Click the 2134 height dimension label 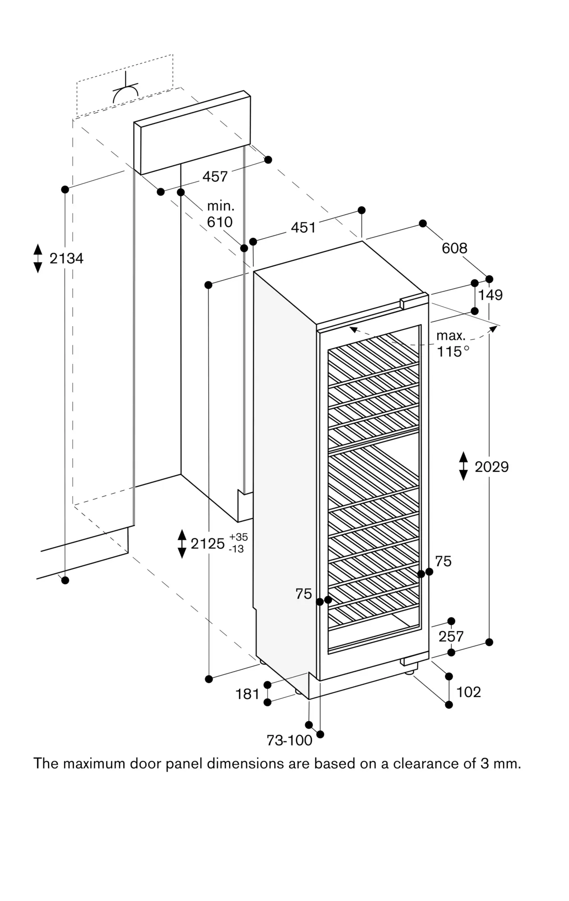pos(66,258)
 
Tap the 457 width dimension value pos(215,176)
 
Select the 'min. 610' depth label pos(220,214)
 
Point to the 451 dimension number pos(303,228)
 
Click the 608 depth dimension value pos(454,248)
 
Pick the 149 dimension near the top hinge pos(490,295)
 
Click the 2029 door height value pos(492,467)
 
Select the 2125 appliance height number pos(208,544)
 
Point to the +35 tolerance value pos(238,537)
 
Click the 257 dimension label pos(451,636)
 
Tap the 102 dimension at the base pos(469,692)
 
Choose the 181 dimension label pos(247,694)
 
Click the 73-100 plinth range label pos(289,740)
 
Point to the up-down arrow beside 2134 pos(38,258)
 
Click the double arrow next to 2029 pos(463,466)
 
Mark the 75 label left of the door pos(304,594)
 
